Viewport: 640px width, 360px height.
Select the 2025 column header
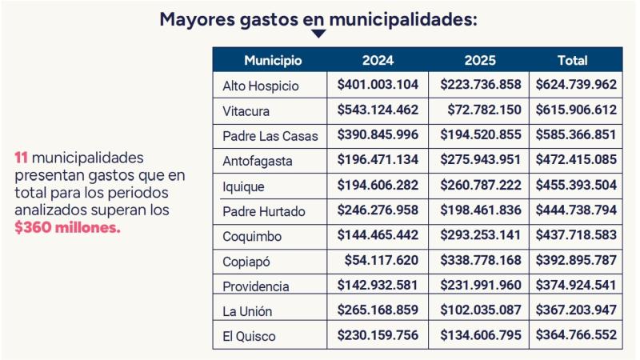coord(479,60)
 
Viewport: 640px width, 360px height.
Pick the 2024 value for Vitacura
coord(378,110)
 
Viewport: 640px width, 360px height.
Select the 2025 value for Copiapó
coord(479,261)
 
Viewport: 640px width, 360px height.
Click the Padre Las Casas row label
coord(270,136)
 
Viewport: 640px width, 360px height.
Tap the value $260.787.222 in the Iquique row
coord(479,186)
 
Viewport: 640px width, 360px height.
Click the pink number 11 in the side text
coord(22,158)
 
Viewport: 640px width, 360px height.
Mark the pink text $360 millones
coord(67,228)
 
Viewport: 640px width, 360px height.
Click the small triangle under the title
coord(318,34)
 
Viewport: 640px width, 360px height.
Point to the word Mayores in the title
coord(196,18)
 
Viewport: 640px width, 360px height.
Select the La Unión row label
coord(249,311)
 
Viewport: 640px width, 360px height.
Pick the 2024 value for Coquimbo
coord(378,236)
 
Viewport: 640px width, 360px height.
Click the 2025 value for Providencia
coord(479,286)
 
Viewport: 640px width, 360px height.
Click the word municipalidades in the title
coord(403,18)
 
